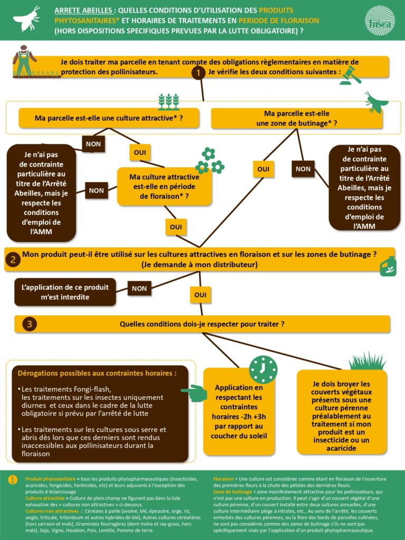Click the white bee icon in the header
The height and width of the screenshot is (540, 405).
pos(26,18)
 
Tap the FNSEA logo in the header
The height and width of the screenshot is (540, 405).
pos(379,20)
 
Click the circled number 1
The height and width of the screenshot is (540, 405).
pos(198,73)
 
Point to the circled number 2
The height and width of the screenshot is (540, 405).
pos(13,259)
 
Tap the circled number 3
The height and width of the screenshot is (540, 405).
pos(28,324)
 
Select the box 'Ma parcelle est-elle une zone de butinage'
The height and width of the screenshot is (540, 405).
pos(296,118)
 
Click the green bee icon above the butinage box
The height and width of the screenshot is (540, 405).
pos(377,102)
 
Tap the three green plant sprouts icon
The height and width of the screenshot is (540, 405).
pos(169,101)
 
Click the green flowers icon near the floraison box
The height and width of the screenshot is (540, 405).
pos(209,161)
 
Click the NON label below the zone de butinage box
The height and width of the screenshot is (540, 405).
pos(303,169)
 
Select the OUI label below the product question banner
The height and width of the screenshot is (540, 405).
pos(200,295)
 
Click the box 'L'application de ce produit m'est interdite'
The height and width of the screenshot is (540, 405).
pos(65,292)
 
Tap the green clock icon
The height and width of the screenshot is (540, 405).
pos(263,369)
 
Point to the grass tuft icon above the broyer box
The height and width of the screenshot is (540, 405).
pos(367,361)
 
